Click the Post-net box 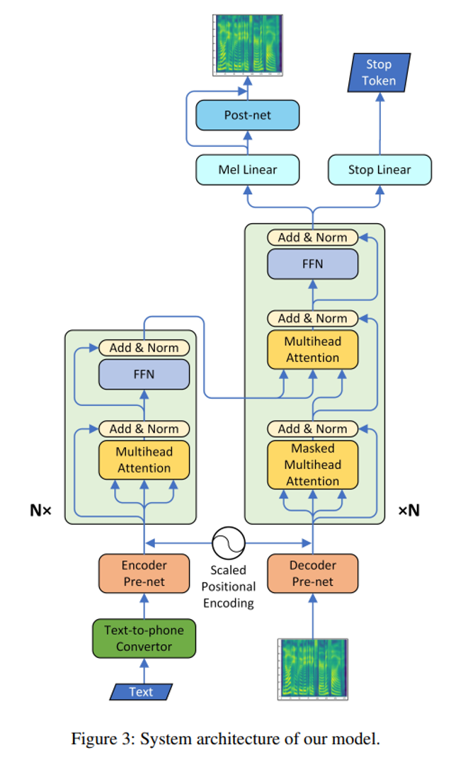pyautogui.click(x=247, y=115)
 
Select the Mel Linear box pyautogui.click(x=247, y=170)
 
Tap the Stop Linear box pyautogui.click(x=379, y=170)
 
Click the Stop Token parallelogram pyautogui.click(x=379, y=73)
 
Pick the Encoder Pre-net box pyautogui.click(x=144, y=574)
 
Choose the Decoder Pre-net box pyautogui.click(x=312, y=574)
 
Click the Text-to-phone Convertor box pyautogui.click(x=144, y=638)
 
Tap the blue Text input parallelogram pyautogui.click(x=141, y=692)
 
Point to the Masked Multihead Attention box pyautogui.click(x=312, y=465)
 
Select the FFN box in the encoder pyautogui.click(x=144, y=374)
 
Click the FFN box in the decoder pyautogui.click(x=312, y=263)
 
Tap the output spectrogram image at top pyautogui.click(x=247, y=43)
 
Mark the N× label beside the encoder pyautogui.click(x=40, y=510)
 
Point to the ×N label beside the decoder pyautogui.click(x=409, y=510)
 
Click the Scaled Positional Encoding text pyautogui.click(x=229, y=586)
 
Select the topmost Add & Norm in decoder pyautogui.click(x=312, y=237)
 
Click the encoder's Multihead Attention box pyautogui.click(x=144, y=459)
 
